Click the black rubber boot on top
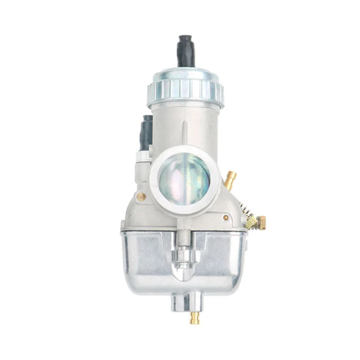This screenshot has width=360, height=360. click(x=186, y=50)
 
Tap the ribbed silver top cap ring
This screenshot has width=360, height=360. click(x=185, y=89)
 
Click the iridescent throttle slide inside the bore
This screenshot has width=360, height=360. click(x=184, y=177)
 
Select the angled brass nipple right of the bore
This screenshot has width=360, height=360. click(x=230, y=180)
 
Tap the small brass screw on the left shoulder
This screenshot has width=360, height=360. click(x=141, y=196)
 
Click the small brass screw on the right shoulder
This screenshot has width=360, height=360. click(x=225, y=217)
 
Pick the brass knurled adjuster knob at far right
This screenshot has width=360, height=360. click(x=261, y=222)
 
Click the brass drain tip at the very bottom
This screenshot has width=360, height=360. click(x=194, y=318)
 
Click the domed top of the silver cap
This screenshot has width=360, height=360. click(x=185, y=72)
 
